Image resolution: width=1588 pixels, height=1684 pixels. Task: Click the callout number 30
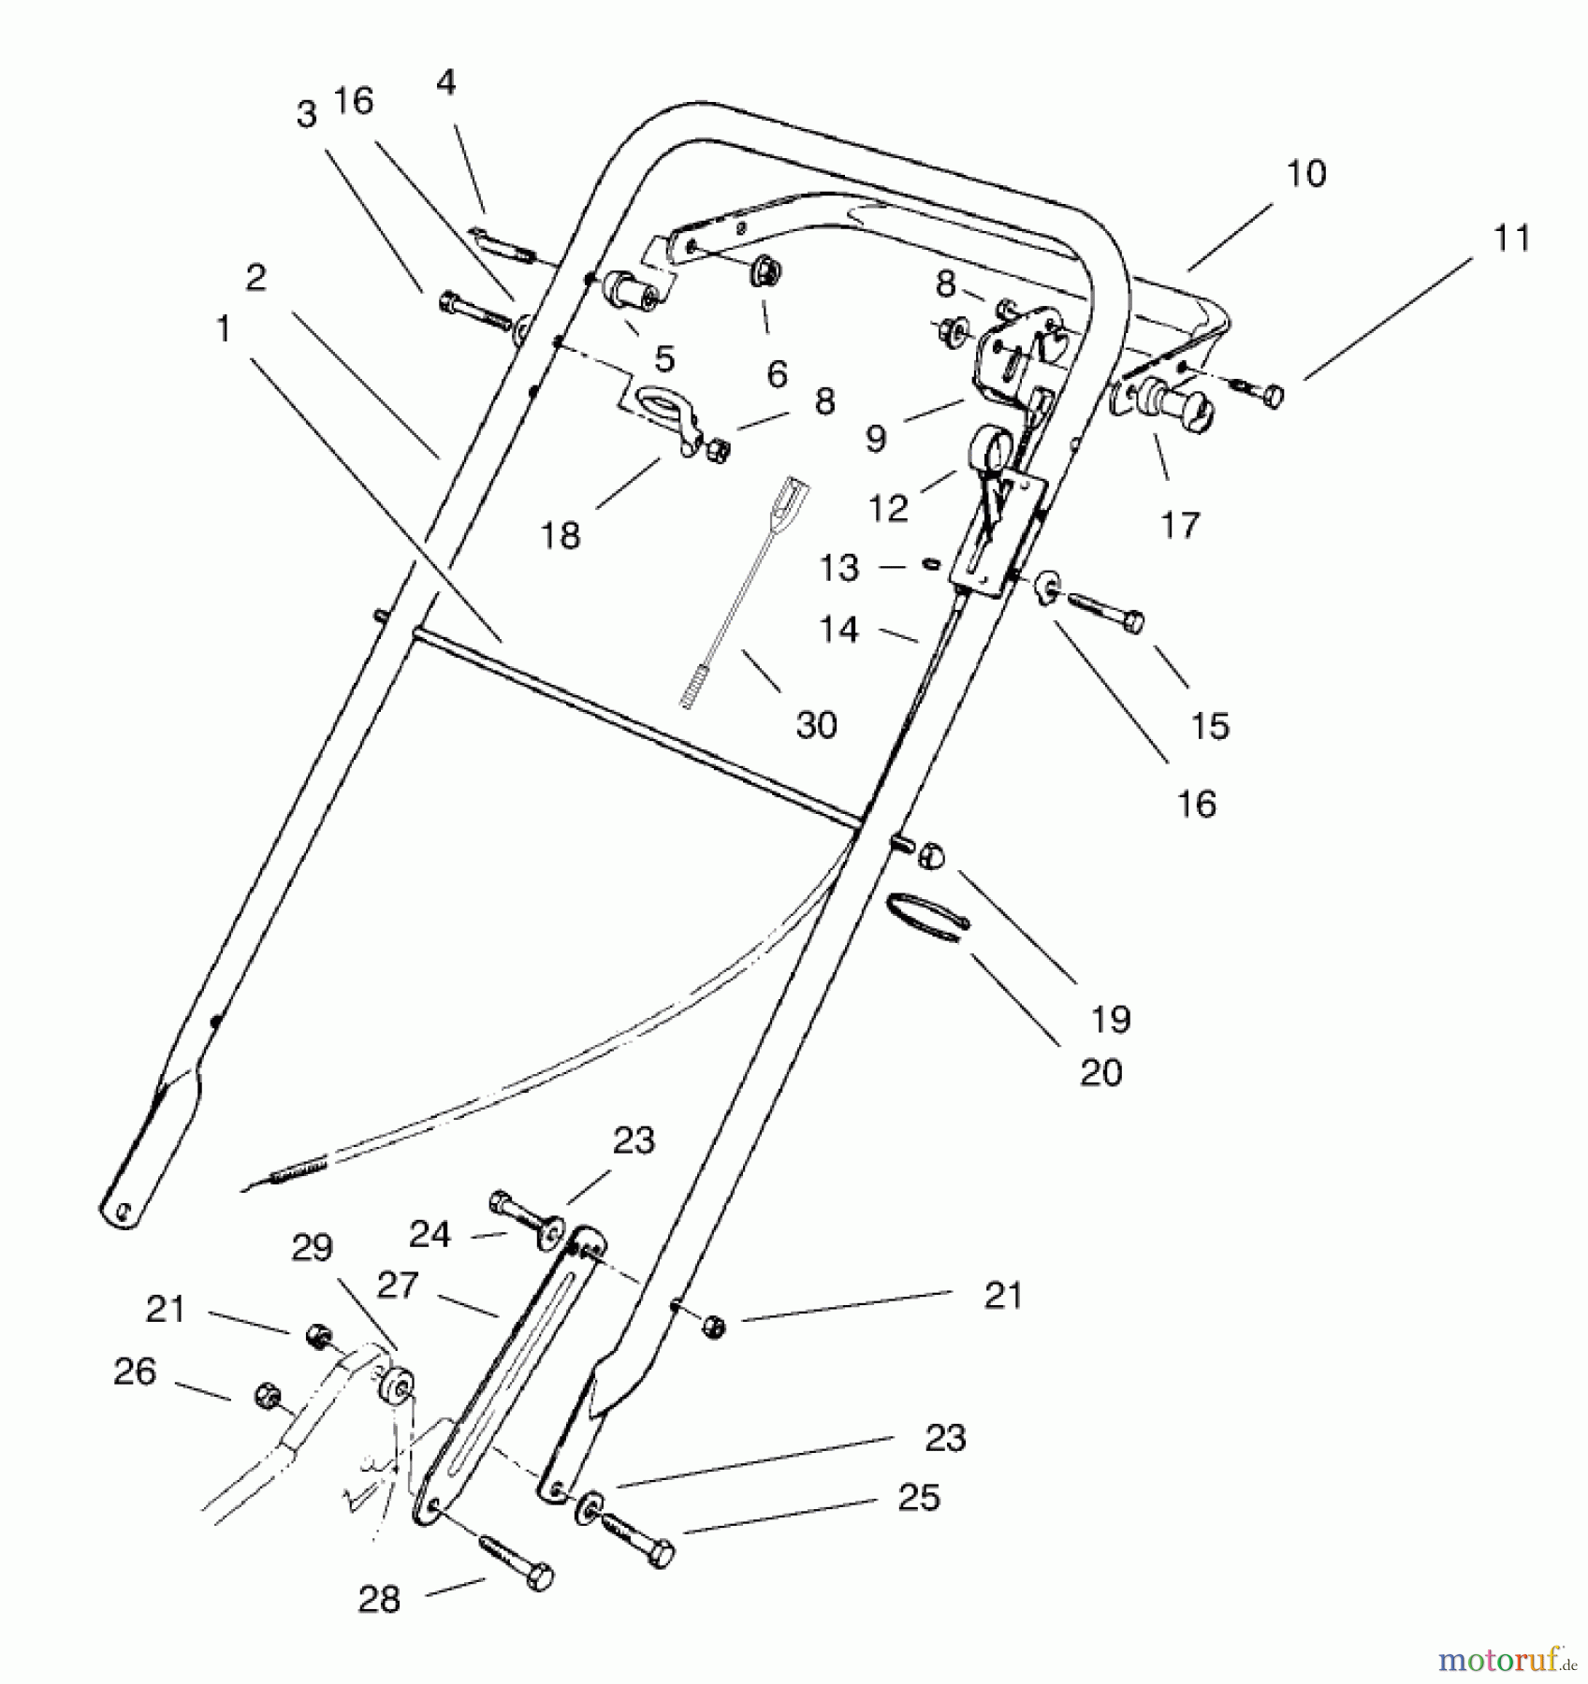click(815, 725)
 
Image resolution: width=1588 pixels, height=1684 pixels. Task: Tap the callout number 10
click(1305, 173)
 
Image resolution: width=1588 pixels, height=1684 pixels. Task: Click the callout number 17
click(1179, 525)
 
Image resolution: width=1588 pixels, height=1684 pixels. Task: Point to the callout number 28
click(378, 1599)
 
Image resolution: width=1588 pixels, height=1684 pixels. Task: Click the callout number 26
click(134, 1372)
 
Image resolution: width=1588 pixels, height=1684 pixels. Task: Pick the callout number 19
click(1111, 1019)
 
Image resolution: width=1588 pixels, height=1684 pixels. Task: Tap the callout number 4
click(445, 82)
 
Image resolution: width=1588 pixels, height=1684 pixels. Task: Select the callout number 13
click(838, 568)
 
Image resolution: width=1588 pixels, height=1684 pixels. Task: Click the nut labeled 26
click(265, 1394)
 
